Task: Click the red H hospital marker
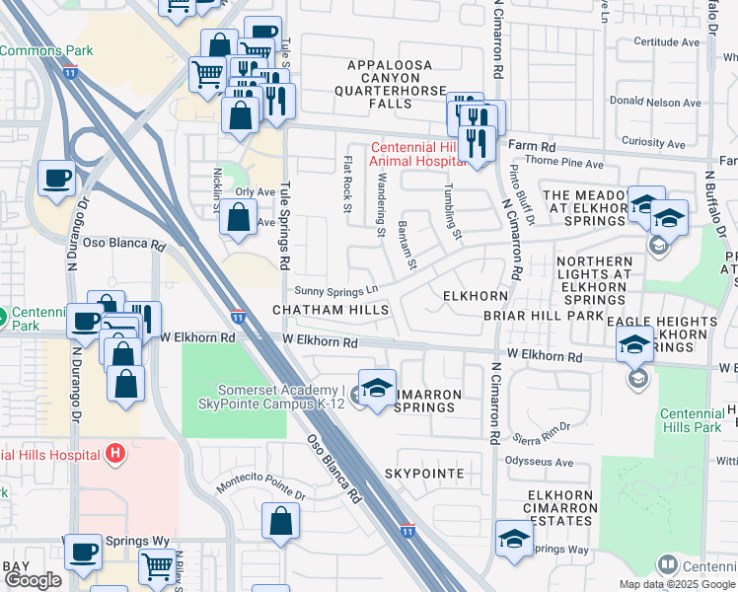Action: coord(115,454)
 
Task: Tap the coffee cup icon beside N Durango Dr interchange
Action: coord(56,179)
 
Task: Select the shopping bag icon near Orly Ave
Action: coord(239,219)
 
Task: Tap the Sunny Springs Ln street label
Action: coord(336,290)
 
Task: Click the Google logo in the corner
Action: coord(33,581)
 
